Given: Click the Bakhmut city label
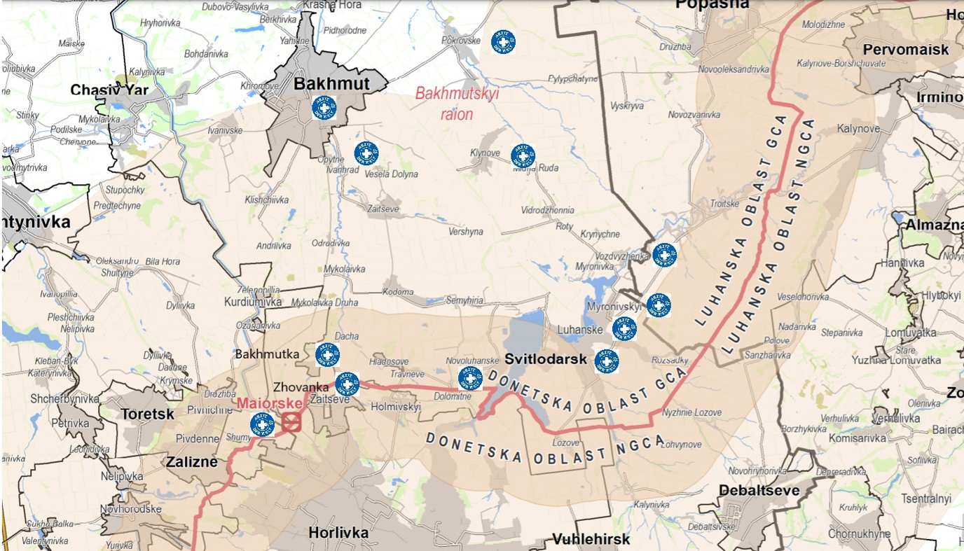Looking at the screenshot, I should pyautogui.click(x=331, y=84).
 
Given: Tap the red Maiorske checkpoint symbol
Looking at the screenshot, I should pyautogui.click(x=292, y=421).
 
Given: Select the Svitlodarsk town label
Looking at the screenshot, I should pyautogui.click(x=536, y=359).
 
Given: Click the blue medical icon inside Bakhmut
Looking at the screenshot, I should pyautogui.click(x=324, y=108).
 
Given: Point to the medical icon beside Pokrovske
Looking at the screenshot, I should pyautogui.click(x=503, y=42).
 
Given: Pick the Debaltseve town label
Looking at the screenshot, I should pyautogui.click(x=759, y=490).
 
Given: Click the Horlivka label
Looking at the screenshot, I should pyautogui.click(x=338, y=533).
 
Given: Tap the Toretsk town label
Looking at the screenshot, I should pyautogui.click(x=147, y=414).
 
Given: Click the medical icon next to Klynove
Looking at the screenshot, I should pyautogui.click(x=523, y=155).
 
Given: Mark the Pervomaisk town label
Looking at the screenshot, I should pyautogui.click(x=906, y=50).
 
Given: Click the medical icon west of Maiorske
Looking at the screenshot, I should pyautogui.click(x=262, y=424).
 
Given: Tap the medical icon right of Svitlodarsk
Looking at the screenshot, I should pyautogui.click(x=607, y=361).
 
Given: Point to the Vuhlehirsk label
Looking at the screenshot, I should pyautogui.click(x=591, y=539).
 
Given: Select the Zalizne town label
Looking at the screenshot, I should pyautogui.click(x=192, y=462).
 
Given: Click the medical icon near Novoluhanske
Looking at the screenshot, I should pyautogui.click(x=470, y=379).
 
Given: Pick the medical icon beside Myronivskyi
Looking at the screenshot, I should pyautogui.click(x=658, y=305).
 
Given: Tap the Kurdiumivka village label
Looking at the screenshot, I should pyautogui.click(x=252, y=302).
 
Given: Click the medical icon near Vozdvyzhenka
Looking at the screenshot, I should pyautogui.click(x=664, y=254).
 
